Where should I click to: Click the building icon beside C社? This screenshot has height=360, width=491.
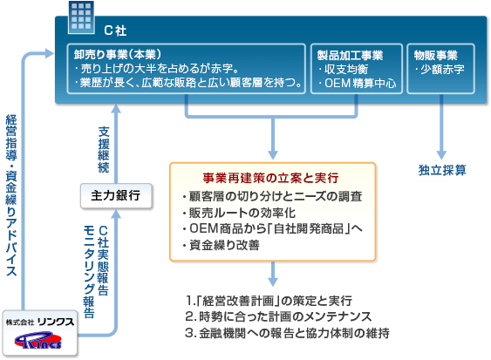pos(81,17)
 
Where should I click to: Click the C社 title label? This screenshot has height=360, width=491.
pos(115,31)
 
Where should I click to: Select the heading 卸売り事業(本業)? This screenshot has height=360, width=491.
pos(118,54)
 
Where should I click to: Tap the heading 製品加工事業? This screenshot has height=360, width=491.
pos(350,56)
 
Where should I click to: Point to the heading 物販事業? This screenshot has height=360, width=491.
pos(435,56)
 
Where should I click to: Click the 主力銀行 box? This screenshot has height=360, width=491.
pos(116,195)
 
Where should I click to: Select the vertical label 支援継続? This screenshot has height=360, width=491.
pos(104,150)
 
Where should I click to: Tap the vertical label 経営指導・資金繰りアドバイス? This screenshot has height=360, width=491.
pos(11,195)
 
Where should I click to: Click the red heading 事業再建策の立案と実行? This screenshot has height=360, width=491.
pos(270,178)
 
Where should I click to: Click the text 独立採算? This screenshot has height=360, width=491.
pos(442,170)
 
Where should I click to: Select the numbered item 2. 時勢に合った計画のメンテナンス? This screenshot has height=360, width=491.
pos(278,316)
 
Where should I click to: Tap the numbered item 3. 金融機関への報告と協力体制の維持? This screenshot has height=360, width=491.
pos(287,333)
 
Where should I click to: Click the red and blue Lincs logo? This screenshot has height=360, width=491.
pos(38,340)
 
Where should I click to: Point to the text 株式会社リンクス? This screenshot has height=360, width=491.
pos(40,322)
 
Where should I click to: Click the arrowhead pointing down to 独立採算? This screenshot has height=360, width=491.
pos(441,154)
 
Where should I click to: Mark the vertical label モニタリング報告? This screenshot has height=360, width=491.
pos(89,272)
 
